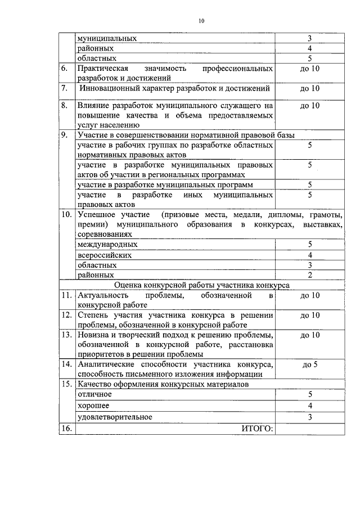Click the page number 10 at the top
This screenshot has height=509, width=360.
tap(201, 21)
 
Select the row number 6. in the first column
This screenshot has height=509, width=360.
tap(65, 69)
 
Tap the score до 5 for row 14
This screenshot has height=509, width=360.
tap(310, 364)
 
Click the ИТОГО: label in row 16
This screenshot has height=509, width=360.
tap(257, 429)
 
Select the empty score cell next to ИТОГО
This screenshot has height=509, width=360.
tap(310, 429)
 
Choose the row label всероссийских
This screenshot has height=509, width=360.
tap(105, 255)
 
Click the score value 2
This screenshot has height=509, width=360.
tap(310, 275)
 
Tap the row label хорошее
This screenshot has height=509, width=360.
tap(93, 406)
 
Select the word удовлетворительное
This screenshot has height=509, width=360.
tap(115, 417)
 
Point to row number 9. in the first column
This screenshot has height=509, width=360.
tap(65, 135)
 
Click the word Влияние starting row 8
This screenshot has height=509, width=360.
tap(95, 105)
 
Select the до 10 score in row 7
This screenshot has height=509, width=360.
tap(310, 88)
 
